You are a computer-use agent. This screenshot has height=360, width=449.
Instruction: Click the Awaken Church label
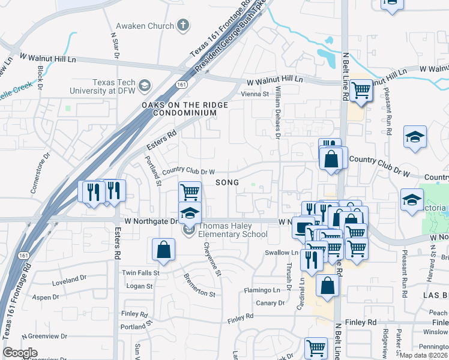coord(145,26)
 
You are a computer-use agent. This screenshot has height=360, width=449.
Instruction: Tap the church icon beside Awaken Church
coord(183,26)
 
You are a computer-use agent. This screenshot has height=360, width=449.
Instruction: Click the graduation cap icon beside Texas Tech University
coord(144,86)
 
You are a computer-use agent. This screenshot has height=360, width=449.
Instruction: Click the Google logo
coord(20,353)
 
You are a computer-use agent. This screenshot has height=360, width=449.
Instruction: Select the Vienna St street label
coord(255,94)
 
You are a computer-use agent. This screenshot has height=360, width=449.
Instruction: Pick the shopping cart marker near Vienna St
coord(361,91)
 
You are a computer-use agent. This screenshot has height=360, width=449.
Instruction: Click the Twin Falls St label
coord(140,272)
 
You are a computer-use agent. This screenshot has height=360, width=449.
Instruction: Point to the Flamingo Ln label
coord(262,290)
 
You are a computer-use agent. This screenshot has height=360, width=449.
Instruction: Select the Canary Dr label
coord(270,303)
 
